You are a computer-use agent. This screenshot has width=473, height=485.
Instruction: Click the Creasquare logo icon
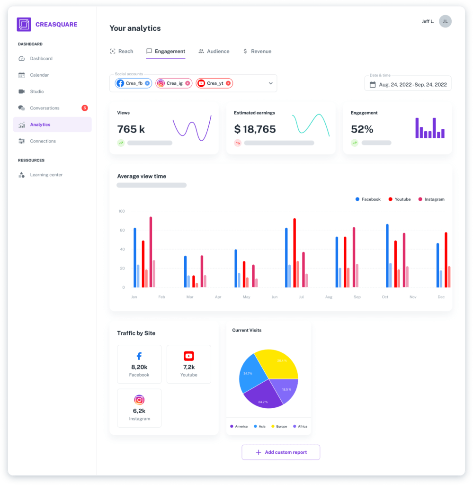click(x=24, y=25)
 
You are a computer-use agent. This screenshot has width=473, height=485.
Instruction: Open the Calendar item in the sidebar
click(x=39, y=75)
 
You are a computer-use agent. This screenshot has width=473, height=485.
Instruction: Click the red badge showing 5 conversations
click(x=85, y=108)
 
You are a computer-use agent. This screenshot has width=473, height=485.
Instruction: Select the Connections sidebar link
click(x=43, y=141)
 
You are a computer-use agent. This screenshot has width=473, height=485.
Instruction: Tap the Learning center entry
click(x=46, y=175)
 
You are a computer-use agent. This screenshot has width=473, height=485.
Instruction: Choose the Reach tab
click(x=122, y=51)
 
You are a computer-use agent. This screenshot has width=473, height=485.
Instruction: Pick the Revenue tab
click(x=257, y=51)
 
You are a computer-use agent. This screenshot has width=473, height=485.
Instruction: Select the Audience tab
click(x=214, y=51)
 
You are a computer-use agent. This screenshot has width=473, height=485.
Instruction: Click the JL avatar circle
click(x=445, y=21)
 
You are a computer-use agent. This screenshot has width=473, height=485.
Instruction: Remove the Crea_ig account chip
click(x=187, y=83)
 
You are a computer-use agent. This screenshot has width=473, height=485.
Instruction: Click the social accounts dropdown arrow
click(x=271, y=83)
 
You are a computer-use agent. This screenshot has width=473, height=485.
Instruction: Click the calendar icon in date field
click(x=373, y=85)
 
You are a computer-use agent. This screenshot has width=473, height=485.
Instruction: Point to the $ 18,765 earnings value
click(x=255, y=129)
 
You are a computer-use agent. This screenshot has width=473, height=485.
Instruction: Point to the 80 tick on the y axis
click(x=122, y=230)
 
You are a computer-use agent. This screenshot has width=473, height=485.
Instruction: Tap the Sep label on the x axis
click(x=357, y=297)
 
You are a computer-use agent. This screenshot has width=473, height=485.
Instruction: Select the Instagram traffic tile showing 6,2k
click(x=139, y=408)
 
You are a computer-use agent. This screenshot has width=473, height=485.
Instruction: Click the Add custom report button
click(x=281, y=452)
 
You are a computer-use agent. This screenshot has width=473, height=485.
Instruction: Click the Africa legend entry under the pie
click(x=300, y=426)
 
